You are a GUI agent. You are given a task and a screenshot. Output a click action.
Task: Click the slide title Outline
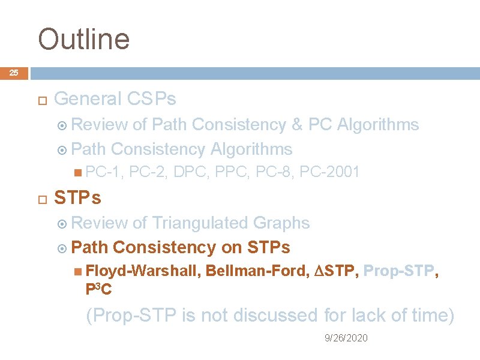point(83,40)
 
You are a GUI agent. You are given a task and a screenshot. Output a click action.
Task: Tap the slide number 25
point(14,73)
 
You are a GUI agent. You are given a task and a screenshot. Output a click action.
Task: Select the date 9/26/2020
point(346,338)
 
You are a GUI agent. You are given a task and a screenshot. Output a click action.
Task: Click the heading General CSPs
point(115,98)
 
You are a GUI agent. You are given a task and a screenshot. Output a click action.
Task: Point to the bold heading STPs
point(77,197)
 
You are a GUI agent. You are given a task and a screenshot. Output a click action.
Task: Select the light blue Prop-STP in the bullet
point(398,272)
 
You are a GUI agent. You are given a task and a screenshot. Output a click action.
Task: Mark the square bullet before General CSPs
point(41,99)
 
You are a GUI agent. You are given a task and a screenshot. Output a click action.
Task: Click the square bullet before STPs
point(41,198)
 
